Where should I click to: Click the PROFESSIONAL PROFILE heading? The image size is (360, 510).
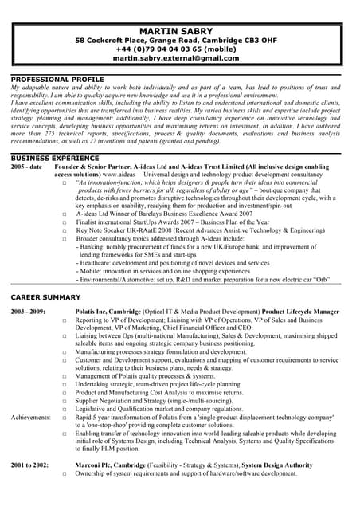pos(57,79)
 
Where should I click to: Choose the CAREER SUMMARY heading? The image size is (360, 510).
pos(46,296)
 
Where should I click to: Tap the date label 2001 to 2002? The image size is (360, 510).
pos(29,463)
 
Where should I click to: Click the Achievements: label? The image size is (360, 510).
pos(31,417)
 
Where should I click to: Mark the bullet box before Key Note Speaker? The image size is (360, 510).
pos(64,230)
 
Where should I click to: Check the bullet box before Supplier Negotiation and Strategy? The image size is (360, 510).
pos(64,401)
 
